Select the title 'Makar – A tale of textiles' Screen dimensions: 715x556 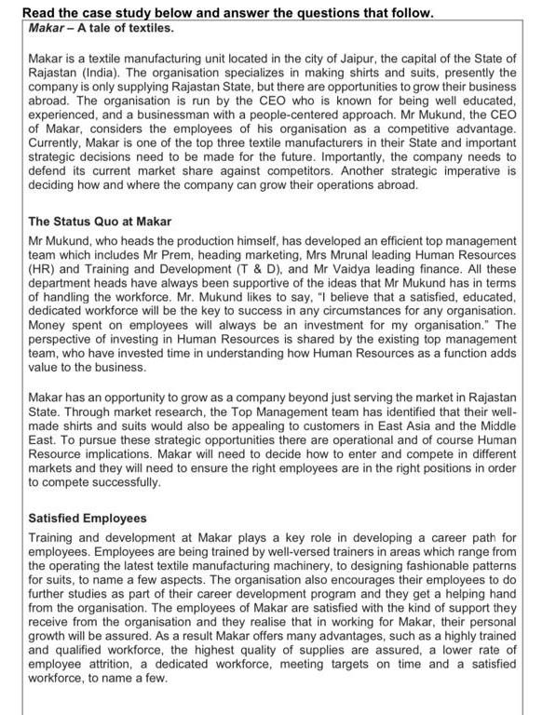[95, 28]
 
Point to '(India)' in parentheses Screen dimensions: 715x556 [101, 72]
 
